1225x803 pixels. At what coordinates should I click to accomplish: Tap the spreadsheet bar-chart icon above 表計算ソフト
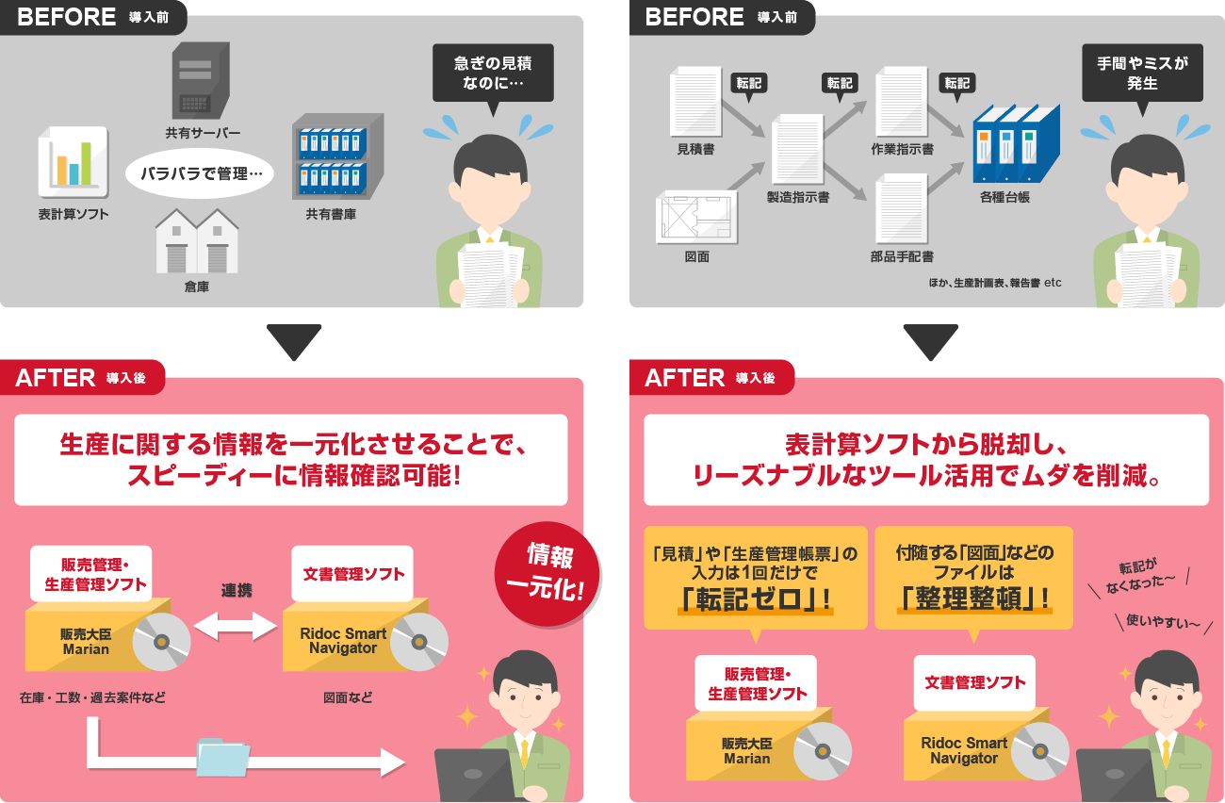click(73, 162)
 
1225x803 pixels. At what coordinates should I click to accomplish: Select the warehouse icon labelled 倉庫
click(196, 241)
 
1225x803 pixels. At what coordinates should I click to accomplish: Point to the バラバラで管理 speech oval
click(199, 174)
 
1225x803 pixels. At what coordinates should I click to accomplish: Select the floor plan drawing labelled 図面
click(696, 217)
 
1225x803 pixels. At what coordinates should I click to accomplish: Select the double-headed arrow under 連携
click(237, 624)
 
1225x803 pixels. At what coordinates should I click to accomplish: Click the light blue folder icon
click(223, 756)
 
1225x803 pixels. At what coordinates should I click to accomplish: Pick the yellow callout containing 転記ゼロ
click(755, 578)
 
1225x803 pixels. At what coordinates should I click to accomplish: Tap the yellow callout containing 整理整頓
click(973, 578)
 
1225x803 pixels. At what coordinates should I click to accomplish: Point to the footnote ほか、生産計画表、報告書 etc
click(994, 282)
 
